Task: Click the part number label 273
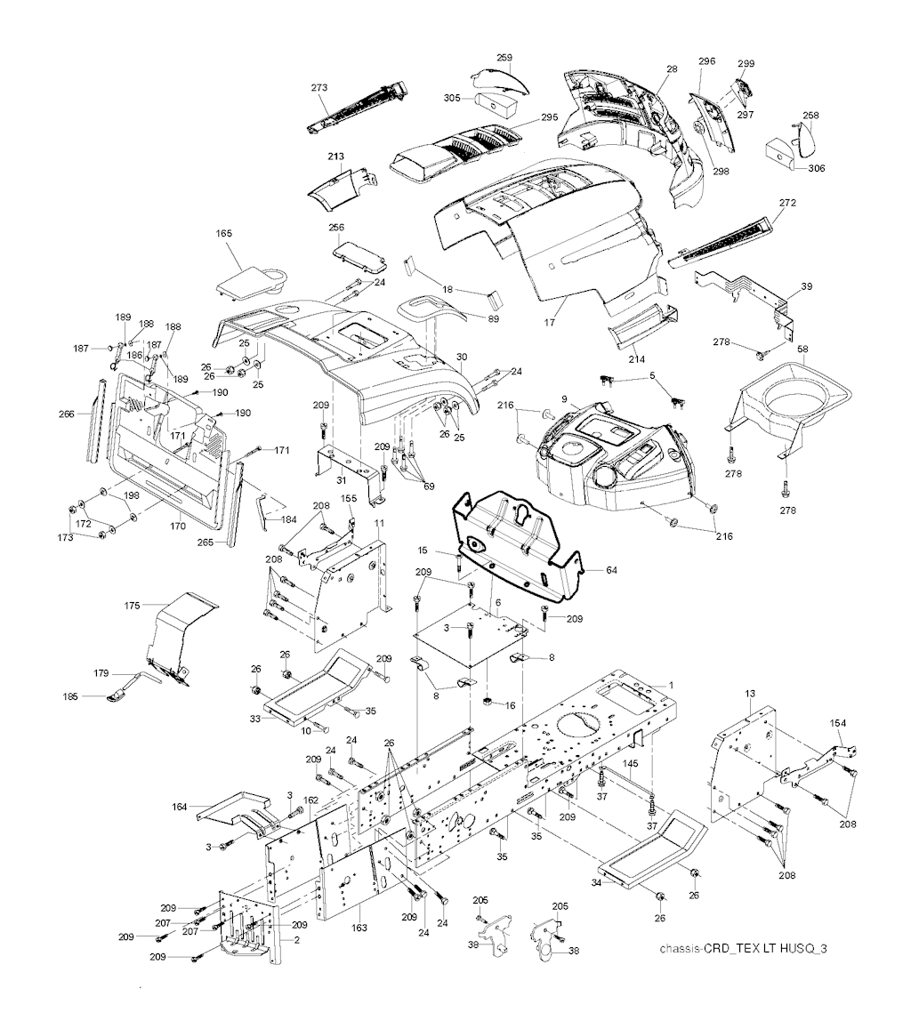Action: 319,87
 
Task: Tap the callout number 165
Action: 223,234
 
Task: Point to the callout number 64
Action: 610,570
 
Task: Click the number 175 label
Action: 133,606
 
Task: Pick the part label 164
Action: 181,807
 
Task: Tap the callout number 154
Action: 838,722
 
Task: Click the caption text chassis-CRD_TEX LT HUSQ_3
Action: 744,949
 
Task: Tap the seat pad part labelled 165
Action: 253,280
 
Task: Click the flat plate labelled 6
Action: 467,636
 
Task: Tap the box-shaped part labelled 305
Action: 500,104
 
